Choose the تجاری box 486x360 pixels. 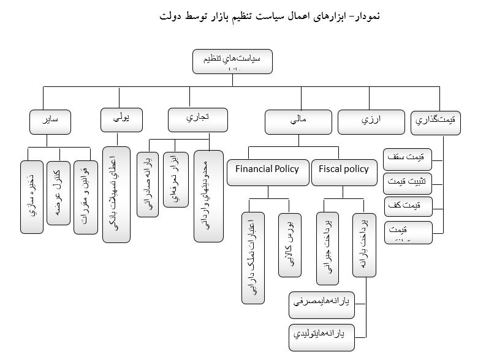tap(198, 118)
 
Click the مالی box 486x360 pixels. tap(299, 121)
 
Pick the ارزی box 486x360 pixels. tap(371, 121)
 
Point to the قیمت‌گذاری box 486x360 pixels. tap(435, 121)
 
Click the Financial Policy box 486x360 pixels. tap(267, 171)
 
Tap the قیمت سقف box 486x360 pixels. tap(408, 157)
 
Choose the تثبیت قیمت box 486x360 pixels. tap(408, 182)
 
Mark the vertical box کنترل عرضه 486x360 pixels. tap(58, 193)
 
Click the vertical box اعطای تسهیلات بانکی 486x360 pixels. tap(116, 195)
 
